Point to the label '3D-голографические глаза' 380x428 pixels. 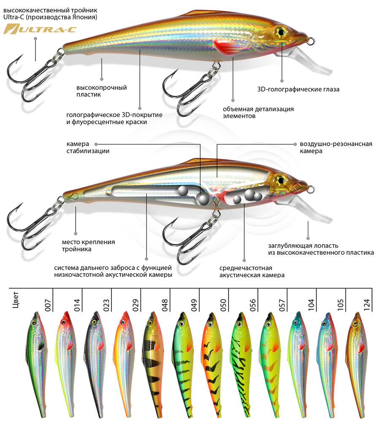(x=298, y=89)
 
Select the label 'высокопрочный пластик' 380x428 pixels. (x=101, y=91)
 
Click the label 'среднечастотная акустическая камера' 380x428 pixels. (x=252, y=272)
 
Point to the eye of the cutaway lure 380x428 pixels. (x=281, y=180)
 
